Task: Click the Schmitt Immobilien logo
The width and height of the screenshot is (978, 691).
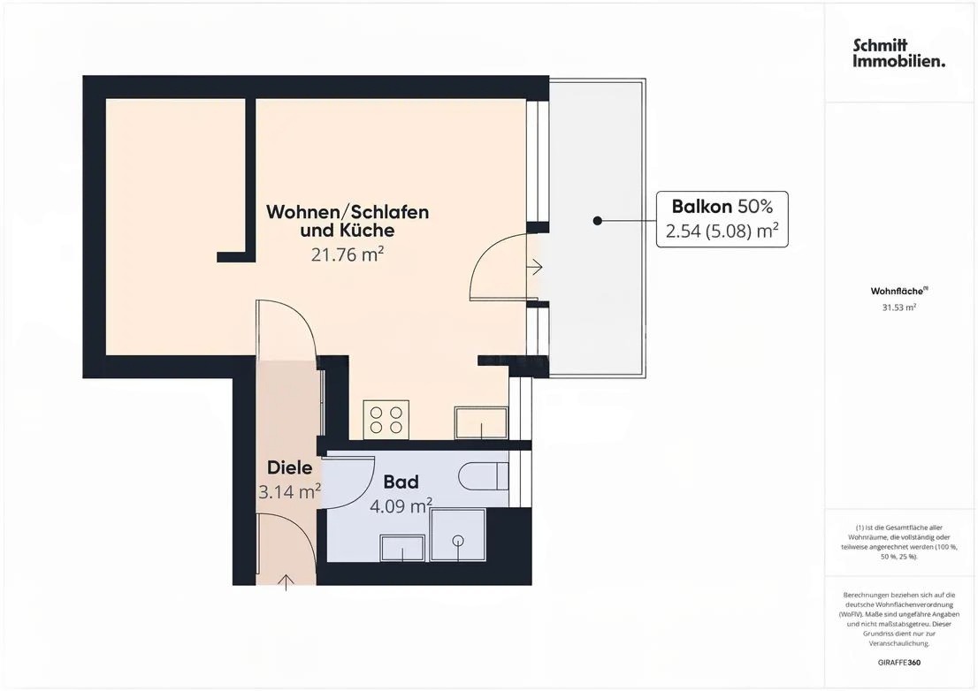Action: click(898, 53)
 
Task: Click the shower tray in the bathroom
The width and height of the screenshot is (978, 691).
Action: click(457, 535)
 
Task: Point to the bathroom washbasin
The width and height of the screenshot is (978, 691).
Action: click(403, 549)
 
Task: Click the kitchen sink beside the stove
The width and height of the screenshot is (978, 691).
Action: click(481, 422)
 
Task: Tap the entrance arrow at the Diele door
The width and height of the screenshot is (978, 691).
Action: click(287, 581)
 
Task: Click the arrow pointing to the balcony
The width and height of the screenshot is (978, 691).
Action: click(535, 266)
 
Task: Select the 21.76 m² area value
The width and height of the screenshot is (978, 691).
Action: click(348, 254)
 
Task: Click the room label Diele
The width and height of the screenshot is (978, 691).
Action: click(290, 468)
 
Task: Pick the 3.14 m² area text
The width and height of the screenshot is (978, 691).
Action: click(289, 491)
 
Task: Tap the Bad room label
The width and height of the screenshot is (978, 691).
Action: click(401, 482)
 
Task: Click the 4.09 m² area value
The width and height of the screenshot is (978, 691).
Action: click(401, 505)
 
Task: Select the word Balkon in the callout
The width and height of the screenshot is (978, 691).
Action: click(701, 207)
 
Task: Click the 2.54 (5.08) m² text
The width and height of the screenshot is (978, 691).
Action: click(722, 232)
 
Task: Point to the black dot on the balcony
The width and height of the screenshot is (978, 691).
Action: click(598, 220)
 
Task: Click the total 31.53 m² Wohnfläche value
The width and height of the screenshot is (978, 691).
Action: click(898, 308)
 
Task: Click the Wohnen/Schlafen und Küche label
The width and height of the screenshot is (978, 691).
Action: click(348, 221)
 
